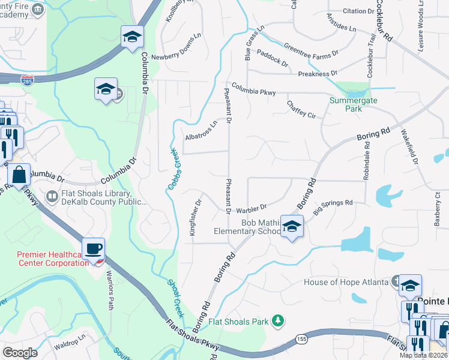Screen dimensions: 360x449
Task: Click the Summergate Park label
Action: pyautogui.click(x=354, y=104)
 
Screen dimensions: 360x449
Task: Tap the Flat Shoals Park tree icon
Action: pyautogui.click(x=277, y=322)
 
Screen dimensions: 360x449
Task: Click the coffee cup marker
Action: pyautogui.click(x=94, y=248)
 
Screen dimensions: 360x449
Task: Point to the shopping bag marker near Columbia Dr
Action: pyautogui.click(x=19, y=175)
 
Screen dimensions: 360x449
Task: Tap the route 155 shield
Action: pyautogui.click(x=301, y=340)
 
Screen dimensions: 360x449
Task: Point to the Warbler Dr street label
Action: pyautogui.click(x=251, y=208)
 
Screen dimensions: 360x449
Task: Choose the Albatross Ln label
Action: pyautogui.click(x=200, y=130)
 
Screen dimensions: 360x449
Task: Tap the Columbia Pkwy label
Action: pyautogui.click(x=253, y=88)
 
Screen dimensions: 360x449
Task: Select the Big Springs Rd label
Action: pyautogui.click(x=333, y=203)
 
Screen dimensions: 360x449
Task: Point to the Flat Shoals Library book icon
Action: pyautogui.click(x=53, y=196)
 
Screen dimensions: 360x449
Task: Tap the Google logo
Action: pyautogui.click(x=20, y=353)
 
